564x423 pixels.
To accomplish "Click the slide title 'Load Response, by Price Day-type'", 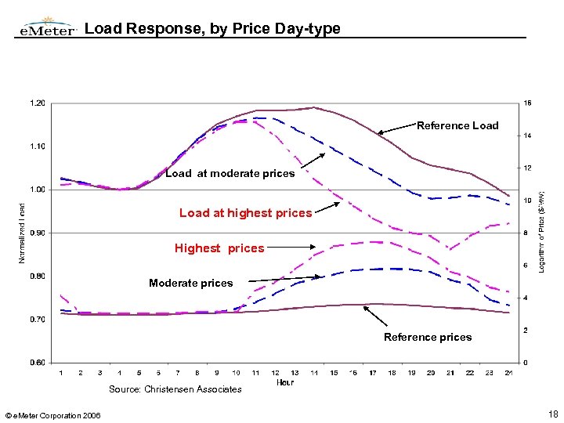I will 212,29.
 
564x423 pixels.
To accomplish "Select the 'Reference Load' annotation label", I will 457,125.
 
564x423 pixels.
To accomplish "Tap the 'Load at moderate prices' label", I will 230,173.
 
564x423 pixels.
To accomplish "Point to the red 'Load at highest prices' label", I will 245,213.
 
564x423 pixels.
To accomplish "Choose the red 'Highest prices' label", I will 219,248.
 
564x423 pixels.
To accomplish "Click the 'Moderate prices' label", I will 191,283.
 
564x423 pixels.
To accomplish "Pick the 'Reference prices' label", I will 428,337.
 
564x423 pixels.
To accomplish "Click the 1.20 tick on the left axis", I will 37,103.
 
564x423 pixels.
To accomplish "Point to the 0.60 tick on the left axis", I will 37,363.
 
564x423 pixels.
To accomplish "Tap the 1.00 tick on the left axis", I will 37,190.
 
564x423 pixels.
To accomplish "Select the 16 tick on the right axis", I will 527,103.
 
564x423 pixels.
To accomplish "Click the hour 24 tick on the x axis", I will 508,373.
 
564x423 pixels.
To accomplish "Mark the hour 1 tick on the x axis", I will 61,373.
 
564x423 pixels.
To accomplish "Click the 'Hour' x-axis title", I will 286,382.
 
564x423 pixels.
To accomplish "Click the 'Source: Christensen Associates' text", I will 175,389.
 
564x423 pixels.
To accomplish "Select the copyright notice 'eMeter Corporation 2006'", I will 52,414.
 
